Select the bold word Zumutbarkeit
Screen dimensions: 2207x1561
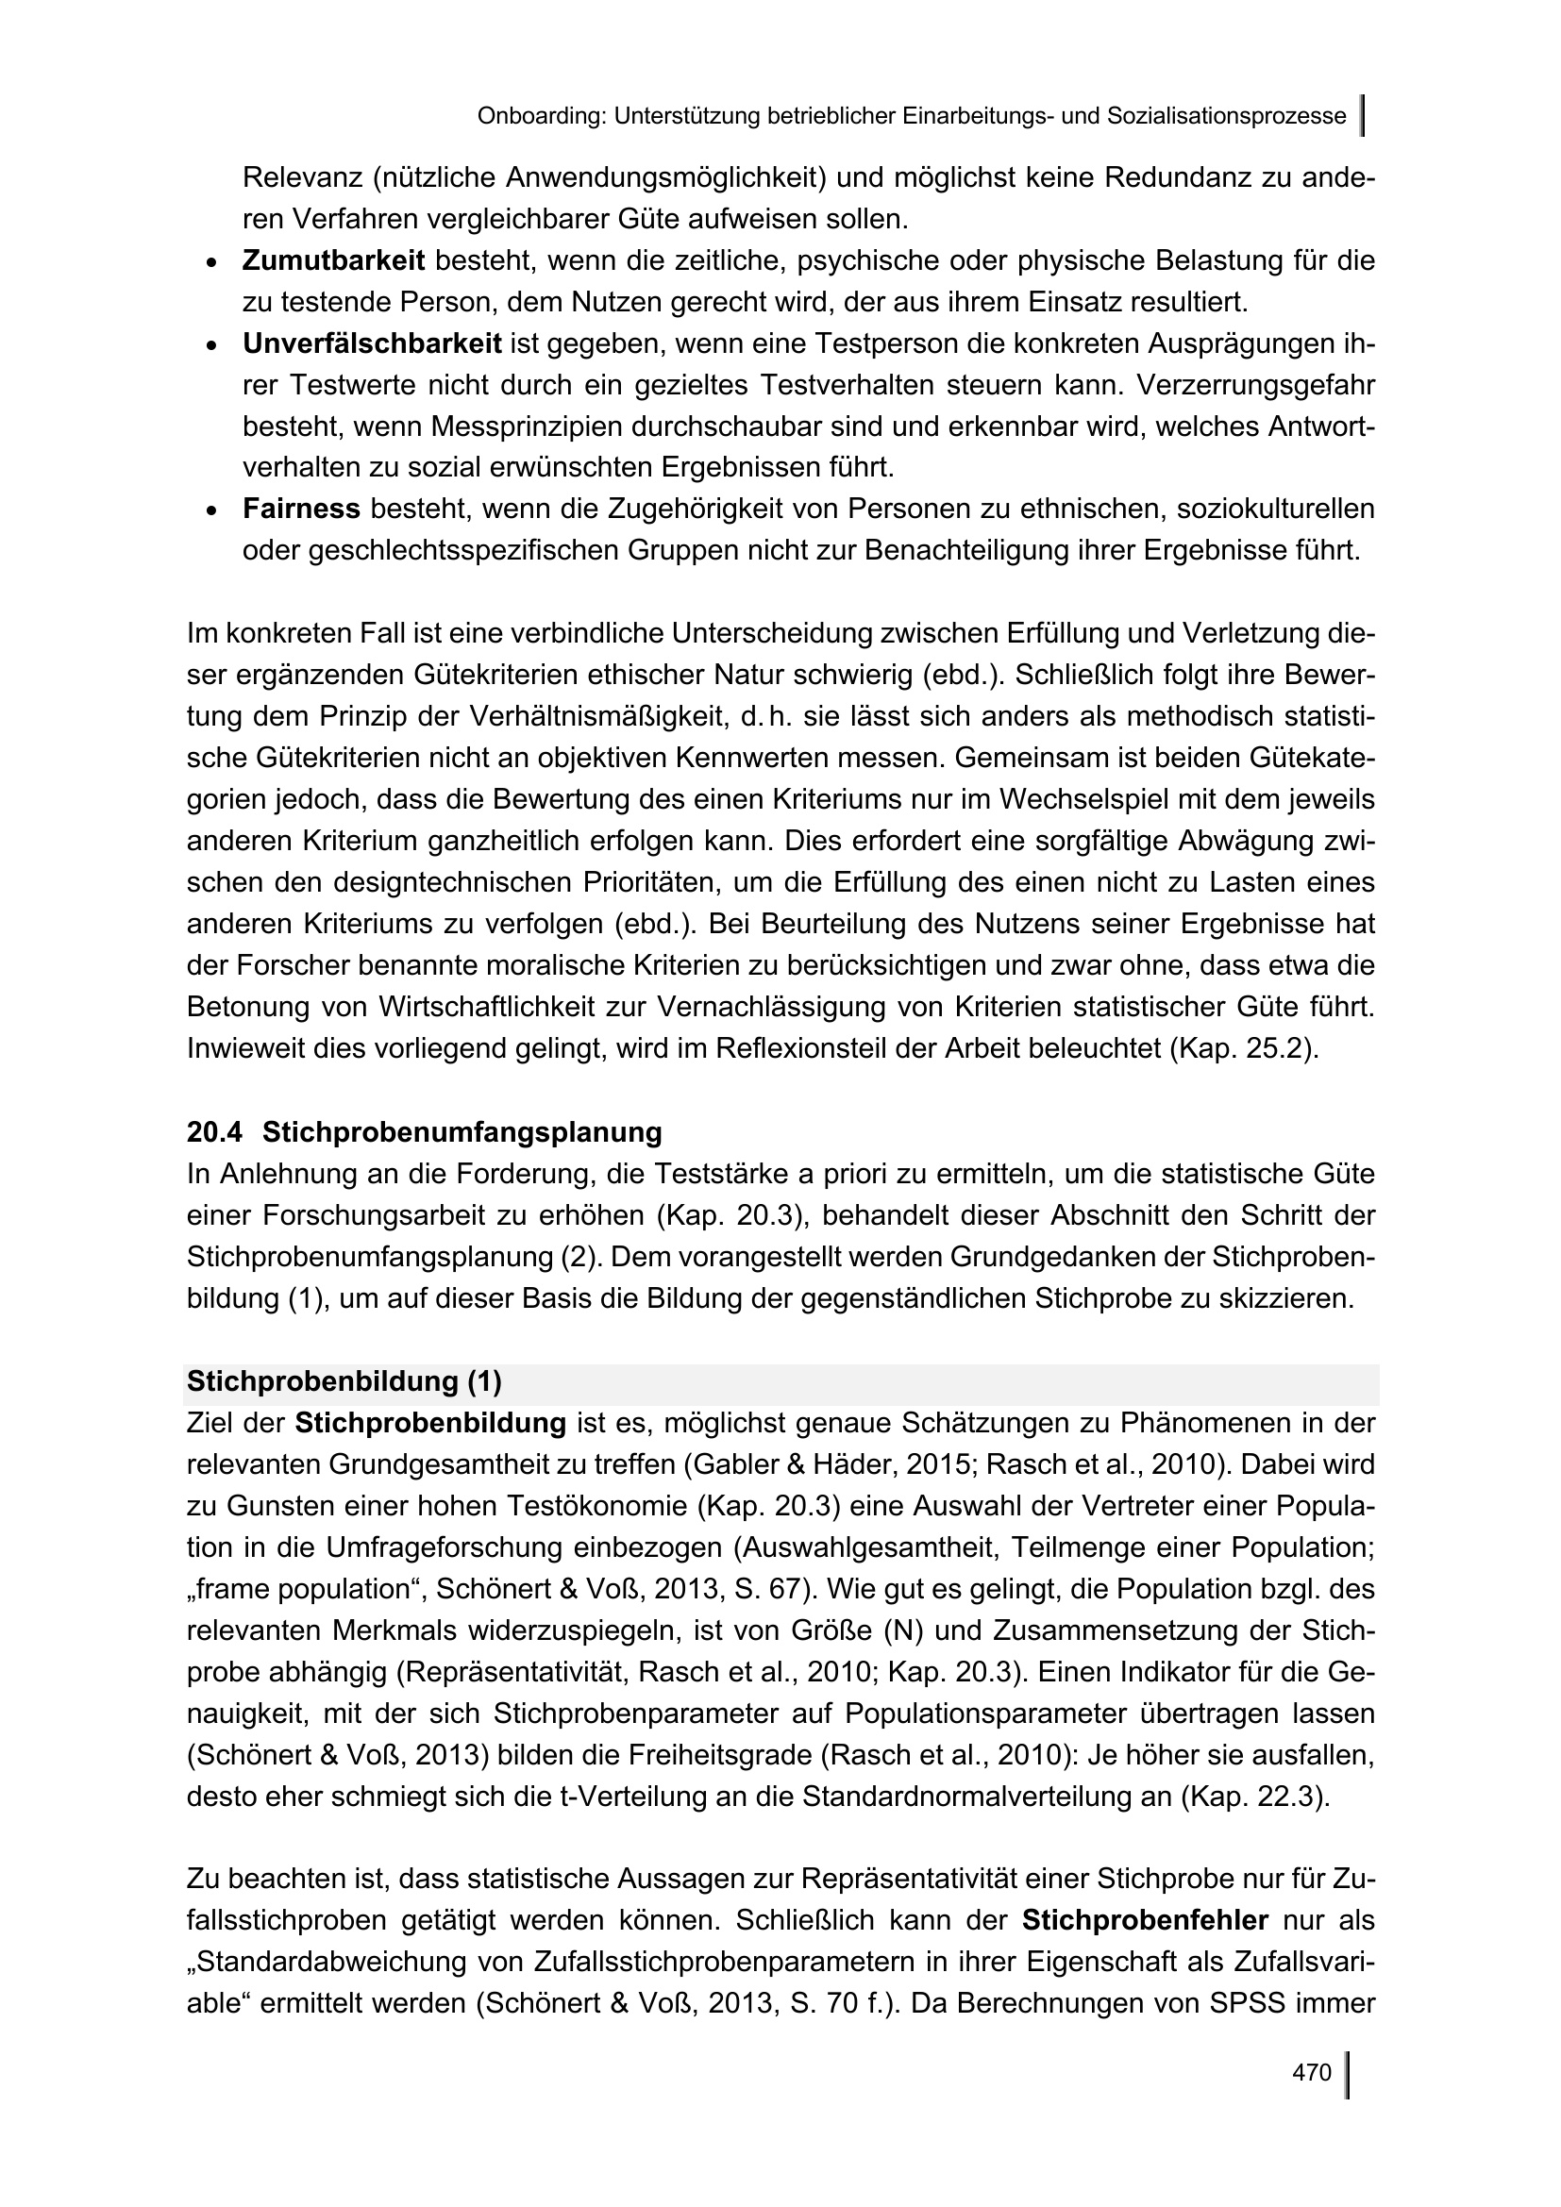tap(332, 260)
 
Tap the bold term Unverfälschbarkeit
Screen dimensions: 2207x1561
tap(371, 343)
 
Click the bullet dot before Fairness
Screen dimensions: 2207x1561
tap(211, 510)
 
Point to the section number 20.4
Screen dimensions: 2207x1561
tap(214, 1132)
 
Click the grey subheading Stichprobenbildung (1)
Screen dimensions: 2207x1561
tap(344, 1381)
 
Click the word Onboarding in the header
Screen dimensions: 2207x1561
tap(540, 117)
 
